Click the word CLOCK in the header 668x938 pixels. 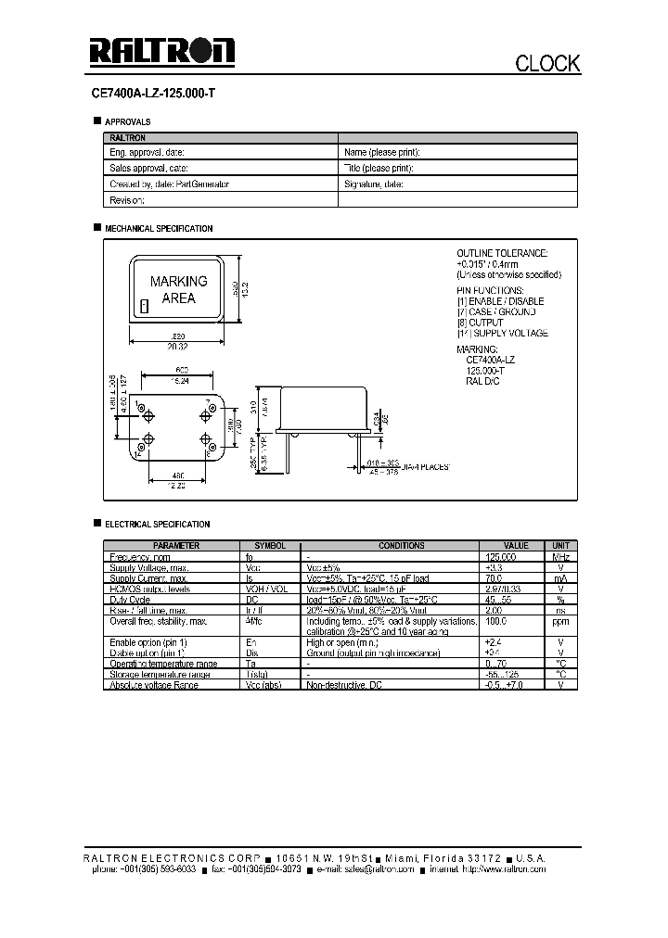point(547,63)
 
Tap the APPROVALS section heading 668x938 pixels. point(127,121)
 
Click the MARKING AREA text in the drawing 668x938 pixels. point(178,289)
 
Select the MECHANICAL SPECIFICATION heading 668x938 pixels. point(159,228)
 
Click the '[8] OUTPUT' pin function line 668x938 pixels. point(480,323)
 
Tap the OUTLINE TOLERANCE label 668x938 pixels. point(502,253)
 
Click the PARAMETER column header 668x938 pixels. point(176,546)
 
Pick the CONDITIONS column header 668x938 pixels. point(402,546)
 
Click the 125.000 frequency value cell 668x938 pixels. point(501,557)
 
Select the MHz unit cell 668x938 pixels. point(560,557)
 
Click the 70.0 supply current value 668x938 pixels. point(494,577)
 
